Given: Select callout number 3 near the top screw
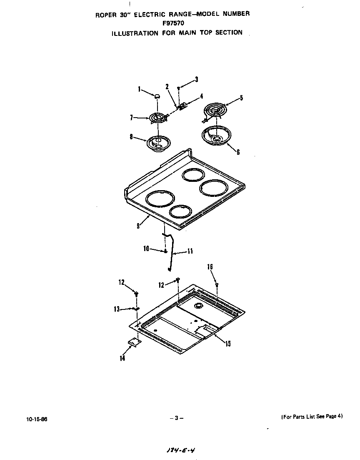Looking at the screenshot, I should pos(197,79).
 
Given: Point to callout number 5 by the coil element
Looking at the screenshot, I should pos(241,98).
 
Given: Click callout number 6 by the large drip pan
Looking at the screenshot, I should pos(238,152).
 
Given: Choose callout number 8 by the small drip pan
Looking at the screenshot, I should pos(132,136).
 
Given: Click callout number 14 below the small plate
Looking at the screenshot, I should pos(122,358).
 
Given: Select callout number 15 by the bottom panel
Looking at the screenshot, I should pos(227,344).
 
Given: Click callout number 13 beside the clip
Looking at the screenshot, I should pos(117,309).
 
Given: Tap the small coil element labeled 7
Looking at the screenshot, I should pos(157,118).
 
